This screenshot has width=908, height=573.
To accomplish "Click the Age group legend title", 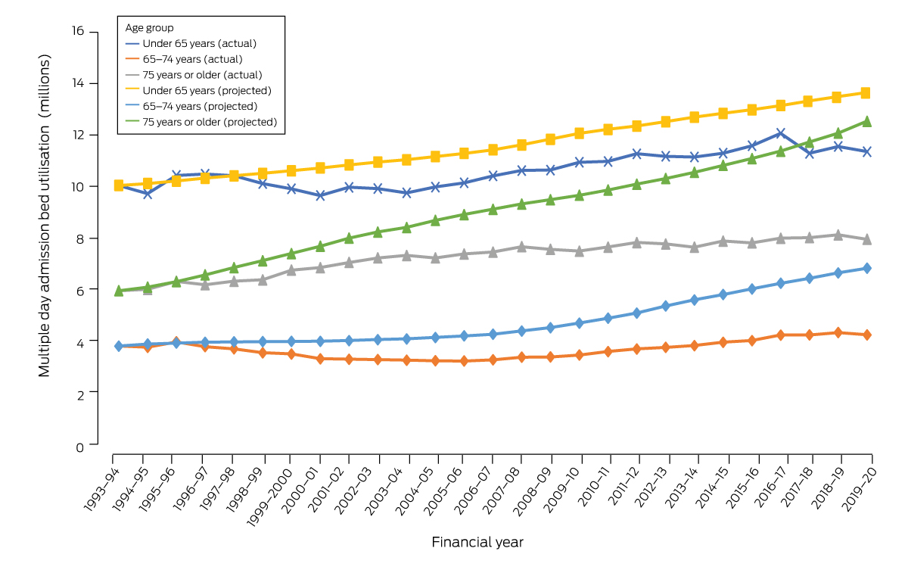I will pos(150,27).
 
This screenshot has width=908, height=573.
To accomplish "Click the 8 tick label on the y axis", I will pos(81,238).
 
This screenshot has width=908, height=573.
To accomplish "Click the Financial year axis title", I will pos(477,542).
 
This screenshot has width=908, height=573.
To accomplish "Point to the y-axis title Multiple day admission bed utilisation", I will pos(45,216).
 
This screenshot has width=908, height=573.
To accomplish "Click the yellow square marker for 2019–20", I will pos(866,93).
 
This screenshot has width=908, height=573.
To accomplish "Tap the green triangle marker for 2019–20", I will pos(866,121).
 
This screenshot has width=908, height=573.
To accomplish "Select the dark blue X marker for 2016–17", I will pos(780,133).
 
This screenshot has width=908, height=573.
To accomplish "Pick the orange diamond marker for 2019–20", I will pos(866,335).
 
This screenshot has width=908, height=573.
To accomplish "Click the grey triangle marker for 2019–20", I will pos(866,239).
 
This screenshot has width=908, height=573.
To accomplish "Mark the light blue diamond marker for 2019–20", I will pos(866,268).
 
